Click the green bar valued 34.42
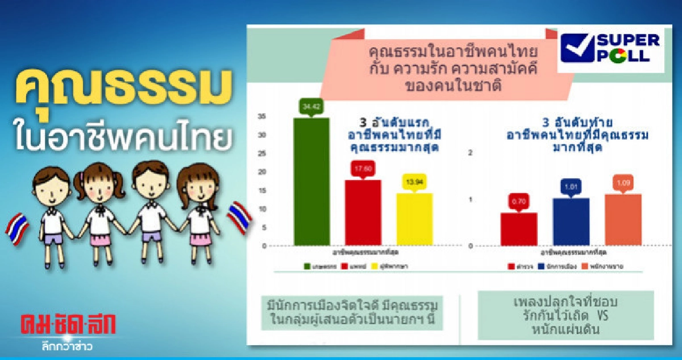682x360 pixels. pyautogui.click(x=311, y=181)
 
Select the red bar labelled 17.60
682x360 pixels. pyautogui.click(x=363, y=212)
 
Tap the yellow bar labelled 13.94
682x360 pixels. pyautogui.click(x=414, y=219)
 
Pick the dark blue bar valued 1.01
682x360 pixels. pyautogui.click(x=571, y=221)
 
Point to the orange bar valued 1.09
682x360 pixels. pyautogui.click(x=623, y=220)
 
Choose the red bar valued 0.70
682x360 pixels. pyautogui.click(x=518, y=229)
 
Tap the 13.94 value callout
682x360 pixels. pyautogui.click(x=414, y=182)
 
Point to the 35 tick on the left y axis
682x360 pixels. pyautogui.click(x=262, y=117)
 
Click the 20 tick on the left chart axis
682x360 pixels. pyautogui.click(x=262, y=172)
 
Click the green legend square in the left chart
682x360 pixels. pyautogui.click(x=306, y=266)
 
